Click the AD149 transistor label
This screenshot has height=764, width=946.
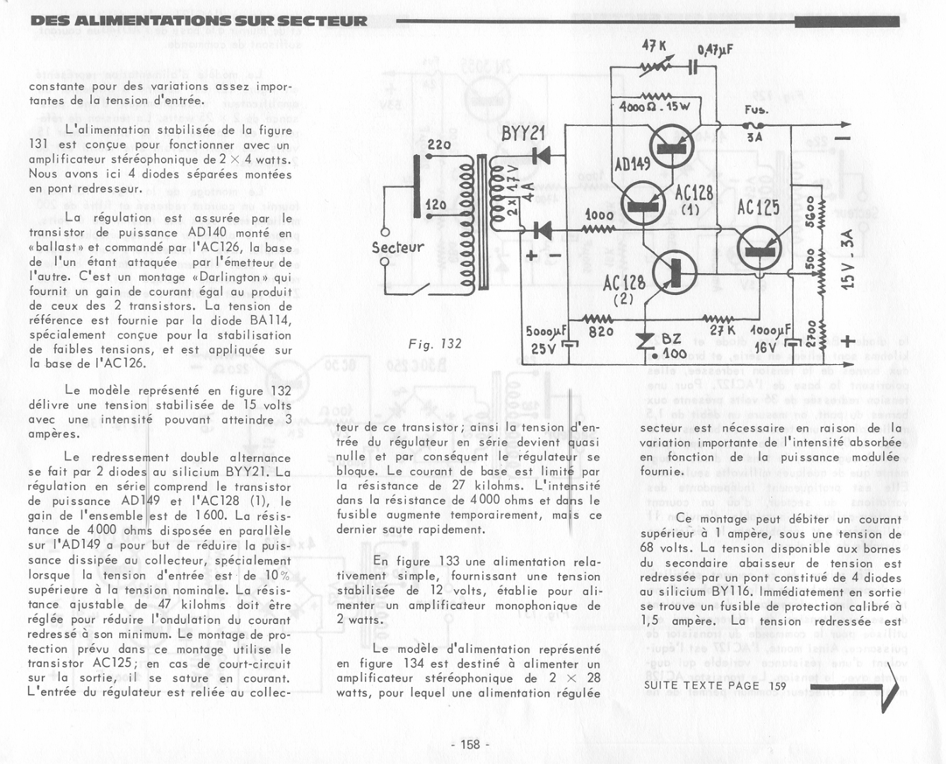[632, 164]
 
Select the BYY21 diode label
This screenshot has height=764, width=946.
[524, 133]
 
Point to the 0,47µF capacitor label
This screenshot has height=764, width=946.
[715, 50]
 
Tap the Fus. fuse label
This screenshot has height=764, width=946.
[756, 110]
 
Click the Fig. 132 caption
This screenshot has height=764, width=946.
[435, 344]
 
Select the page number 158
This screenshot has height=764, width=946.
[470, 743]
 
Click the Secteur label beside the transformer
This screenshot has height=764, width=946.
[398, 247]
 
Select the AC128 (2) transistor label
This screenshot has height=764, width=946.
[624, 289]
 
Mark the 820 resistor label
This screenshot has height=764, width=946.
[601, 331]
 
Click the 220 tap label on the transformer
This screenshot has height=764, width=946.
[439, 145]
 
